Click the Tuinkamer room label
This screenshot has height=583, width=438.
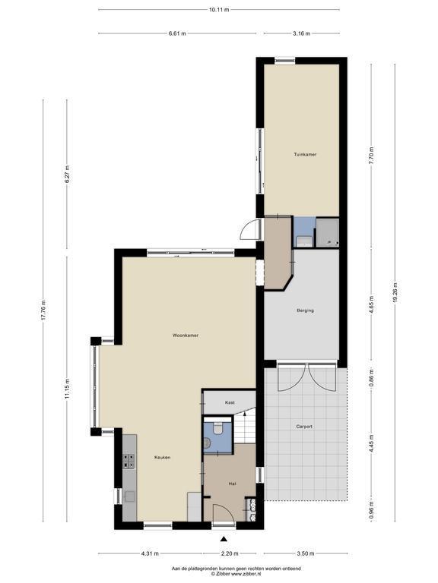305,154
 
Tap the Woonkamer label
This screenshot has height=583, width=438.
186,336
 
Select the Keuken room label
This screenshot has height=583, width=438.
163,457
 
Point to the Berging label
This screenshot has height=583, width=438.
305,310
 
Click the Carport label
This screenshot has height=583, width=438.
304,427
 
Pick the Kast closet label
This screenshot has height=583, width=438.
230,402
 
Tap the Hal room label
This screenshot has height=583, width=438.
232,484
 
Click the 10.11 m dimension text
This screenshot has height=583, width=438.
219,10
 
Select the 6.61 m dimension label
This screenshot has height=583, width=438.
177,33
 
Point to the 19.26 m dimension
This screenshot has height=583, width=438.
395,293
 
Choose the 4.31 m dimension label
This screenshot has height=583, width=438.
150,553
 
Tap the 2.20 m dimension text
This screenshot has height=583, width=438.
230,553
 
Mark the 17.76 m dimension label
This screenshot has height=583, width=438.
43,310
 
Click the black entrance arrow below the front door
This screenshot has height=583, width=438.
224,539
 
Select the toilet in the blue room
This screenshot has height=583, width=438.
217,428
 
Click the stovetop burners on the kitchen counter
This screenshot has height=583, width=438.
129,461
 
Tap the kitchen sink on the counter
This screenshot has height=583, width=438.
130,496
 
